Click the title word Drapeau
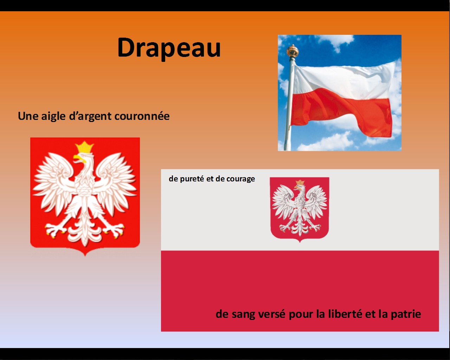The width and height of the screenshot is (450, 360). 169,49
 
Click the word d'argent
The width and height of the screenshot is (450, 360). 90,116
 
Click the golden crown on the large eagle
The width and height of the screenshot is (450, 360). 84,147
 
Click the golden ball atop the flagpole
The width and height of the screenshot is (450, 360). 292,51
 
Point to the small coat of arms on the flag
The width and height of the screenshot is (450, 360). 300,210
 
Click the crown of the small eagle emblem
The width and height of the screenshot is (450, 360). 300,182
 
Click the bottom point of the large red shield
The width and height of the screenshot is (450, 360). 85,256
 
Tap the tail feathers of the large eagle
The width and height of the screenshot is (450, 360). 84,234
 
